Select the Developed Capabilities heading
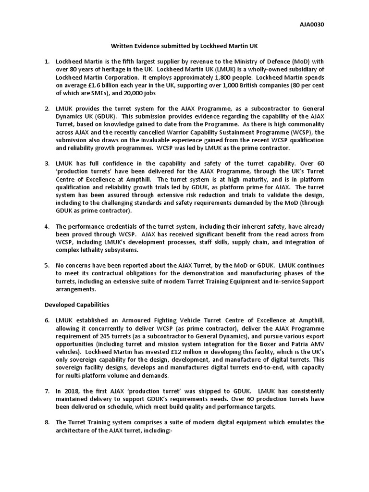coord(77,305)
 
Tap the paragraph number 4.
coord(47,226)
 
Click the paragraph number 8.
coord(47,422)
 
